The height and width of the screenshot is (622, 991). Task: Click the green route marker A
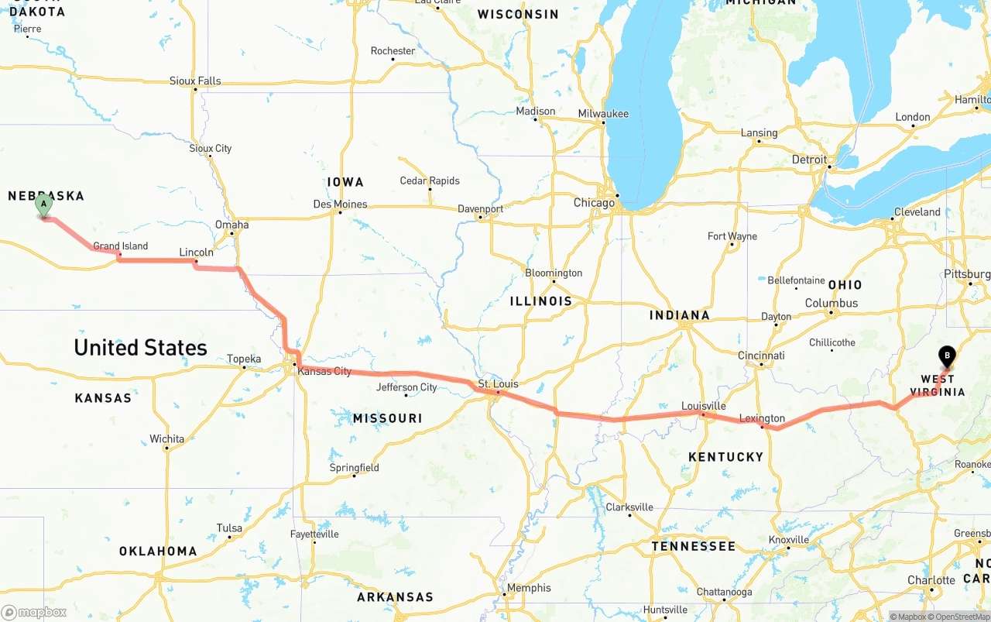pos(44,205)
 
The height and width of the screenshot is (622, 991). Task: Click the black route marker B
pos(946,356)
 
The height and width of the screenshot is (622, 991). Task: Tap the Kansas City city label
pos(324,371)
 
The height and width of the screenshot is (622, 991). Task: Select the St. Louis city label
pos(498,384)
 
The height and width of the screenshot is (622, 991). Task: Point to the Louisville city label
pos(703,406)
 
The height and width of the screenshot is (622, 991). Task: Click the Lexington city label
pos(762,418)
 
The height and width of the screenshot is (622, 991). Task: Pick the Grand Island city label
pos(121,246)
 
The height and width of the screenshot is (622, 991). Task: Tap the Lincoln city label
pos(196,253)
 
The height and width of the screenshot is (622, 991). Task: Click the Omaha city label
pos(231,225)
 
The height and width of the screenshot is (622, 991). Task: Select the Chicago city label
pos(594,203)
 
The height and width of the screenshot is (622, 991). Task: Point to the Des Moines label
pos(340,204)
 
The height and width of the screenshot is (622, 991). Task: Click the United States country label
pos(140,348)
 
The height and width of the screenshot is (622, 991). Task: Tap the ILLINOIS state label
pos(540,301)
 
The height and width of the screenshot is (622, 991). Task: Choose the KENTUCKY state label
pos(725,457)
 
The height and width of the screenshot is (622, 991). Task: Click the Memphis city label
pos(529,588)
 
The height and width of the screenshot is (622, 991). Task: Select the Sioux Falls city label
pos(195,81)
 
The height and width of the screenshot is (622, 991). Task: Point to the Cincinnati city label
pos(761,356)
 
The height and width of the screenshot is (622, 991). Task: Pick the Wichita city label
pos(166,439)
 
